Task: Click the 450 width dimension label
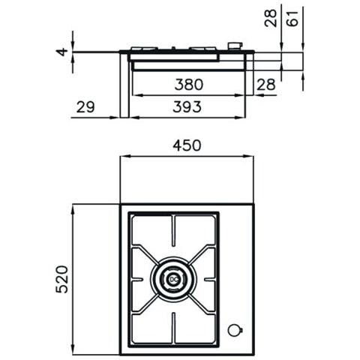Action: (186, 145)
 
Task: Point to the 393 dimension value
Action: (186, 107)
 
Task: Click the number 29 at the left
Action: (85, 107)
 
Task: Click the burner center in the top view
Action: (174, 280)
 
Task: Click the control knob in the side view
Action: (236, 47)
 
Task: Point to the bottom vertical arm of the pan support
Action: (174, 326)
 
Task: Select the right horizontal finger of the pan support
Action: (208, 280)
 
